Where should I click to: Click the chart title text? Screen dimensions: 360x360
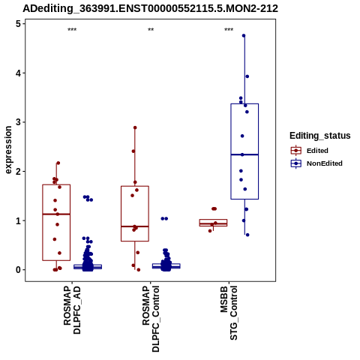click(150, 8)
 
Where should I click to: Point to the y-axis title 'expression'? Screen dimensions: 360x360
click(8, 150)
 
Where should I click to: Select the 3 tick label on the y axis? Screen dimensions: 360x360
click(18, 122)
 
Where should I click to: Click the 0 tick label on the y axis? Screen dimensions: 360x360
click(18, 270)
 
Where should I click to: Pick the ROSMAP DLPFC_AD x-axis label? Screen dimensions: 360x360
click(72, 310)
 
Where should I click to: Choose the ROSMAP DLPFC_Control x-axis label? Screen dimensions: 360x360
click(151, 319)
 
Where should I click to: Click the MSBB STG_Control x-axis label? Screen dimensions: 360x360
click(229, 313)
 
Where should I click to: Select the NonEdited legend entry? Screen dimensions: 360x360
click(316, 163)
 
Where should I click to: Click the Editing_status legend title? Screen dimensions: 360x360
click(320, 136)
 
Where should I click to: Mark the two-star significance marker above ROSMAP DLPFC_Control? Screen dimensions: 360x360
click(151, 30)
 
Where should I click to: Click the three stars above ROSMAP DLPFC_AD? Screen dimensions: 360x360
click(72, 30)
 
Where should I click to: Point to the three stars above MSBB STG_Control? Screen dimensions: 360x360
click(229, 30)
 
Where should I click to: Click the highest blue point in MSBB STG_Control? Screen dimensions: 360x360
click(244, 36)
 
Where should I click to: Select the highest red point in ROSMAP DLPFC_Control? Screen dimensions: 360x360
click(135, 127)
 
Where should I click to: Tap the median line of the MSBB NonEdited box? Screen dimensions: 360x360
click(244, 154)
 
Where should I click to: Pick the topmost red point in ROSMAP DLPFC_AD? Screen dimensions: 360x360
click(58, 163)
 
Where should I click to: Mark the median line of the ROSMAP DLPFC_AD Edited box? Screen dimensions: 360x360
click(56, 214)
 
